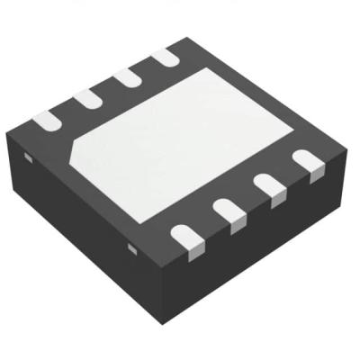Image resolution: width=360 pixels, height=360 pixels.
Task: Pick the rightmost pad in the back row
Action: [165, 58]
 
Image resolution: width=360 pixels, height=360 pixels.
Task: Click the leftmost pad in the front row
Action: [186, 237]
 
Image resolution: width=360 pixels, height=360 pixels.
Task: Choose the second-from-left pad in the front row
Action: [229, 212]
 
